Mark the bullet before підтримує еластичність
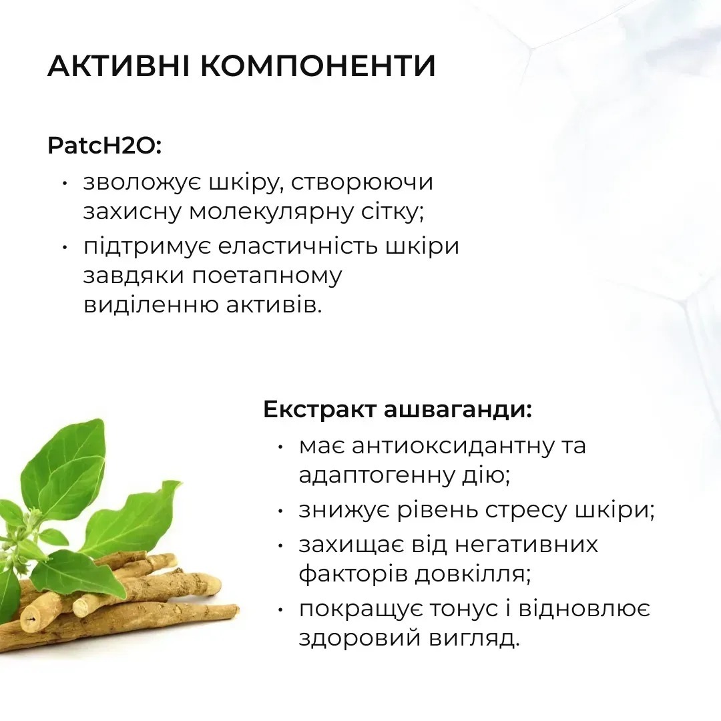[x=65, y=246]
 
